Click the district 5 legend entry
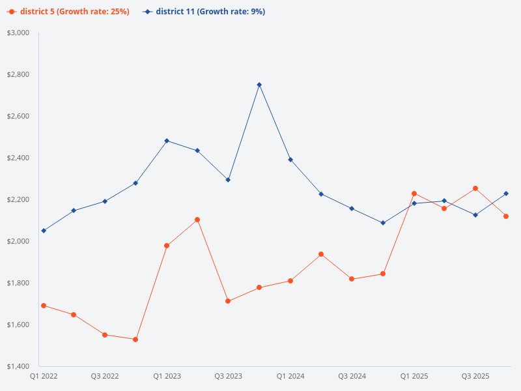tap(68, 12)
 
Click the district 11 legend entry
tap(203, 12)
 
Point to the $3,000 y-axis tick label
tap(18, 33)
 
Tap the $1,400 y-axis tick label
tap(18, 366)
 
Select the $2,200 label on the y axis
tap(18, 199)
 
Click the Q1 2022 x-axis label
tap(43, 377)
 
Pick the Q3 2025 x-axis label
tap(475, 377)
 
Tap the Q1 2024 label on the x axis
tap(290, 377)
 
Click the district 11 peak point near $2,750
tap(259, 85)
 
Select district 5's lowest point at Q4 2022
tap(135, 340)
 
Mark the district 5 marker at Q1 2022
tap(44, 306)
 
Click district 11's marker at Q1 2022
tap(44, 231)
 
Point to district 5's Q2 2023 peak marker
tap(197, 220)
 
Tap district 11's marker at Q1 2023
tap(167, 141)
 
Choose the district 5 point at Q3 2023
tap(228, 301)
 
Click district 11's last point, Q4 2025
tap(506, 194)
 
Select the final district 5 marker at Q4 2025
tap(506, 216)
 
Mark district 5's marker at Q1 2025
tap(414, 194)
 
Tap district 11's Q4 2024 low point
tap(383, 223)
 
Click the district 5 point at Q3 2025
tap(475, 188)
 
